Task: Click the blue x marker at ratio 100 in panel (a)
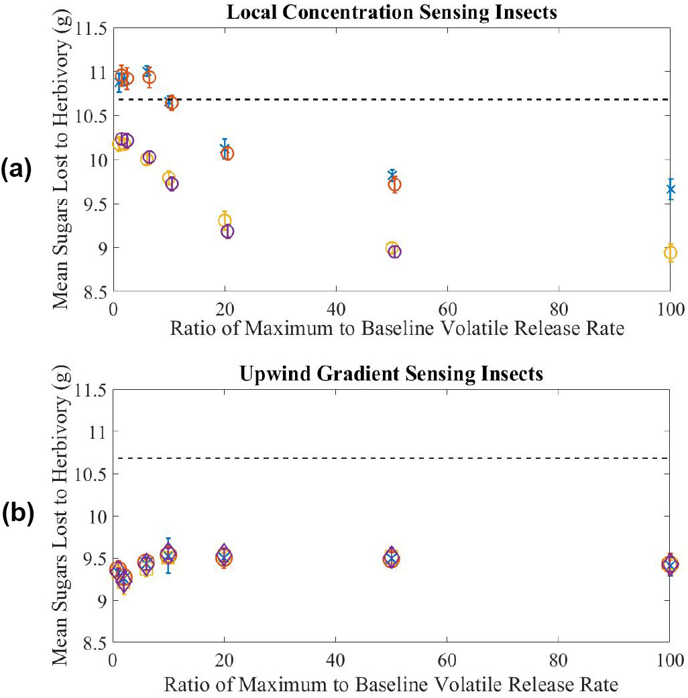pyautogui.click(x=670, y=189)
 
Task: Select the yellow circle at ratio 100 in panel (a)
pyautogui.click(x=670, y=253)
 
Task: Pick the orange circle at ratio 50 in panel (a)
pyautogui.click(x=395, y=185)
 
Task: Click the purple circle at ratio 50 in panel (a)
pyautogui.click(x=395, y=252)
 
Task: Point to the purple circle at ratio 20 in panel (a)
pyautogui.click(x=227, y=231)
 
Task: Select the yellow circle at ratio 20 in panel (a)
pyautogui.click(x=224, y=220)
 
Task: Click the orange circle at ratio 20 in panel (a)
pyautogui.click(x=227, y=153)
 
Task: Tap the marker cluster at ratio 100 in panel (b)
pyautogui.click(x=669, y=565)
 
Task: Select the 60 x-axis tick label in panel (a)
pyautogui.click(x=447, y=310)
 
